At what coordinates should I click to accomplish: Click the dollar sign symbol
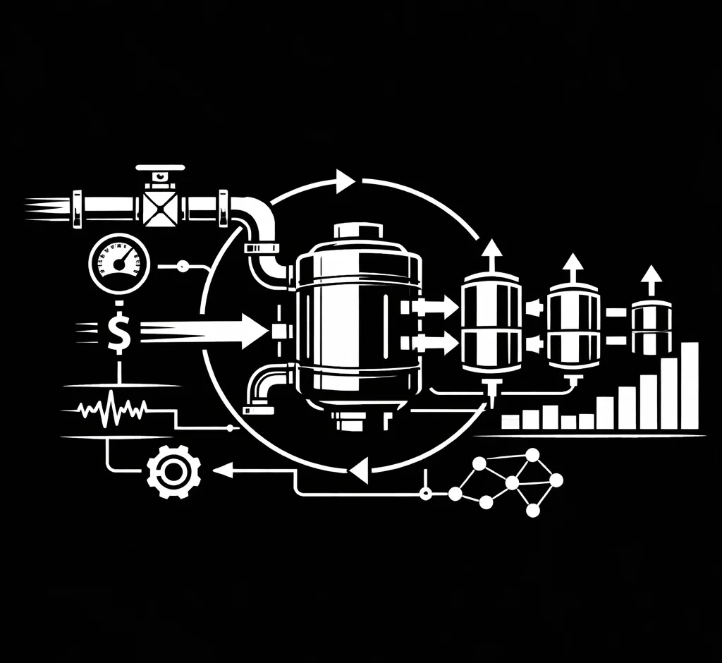click(x=119, y=331)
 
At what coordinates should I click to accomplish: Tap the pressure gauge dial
click(x=119, y=264)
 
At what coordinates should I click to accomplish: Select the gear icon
click(x=173, y=470)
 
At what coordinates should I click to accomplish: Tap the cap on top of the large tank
click(x=358, y=231)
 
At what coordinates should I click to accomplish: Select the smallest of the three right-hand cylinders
click(x=651, y=327)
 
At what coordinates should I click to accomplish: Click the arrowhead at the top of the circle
click(x=345, y=181)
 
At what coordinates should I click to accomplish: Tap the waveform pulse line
click(x=113, y=410)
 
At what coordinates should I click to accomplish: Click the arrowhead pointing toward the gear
click(x=224, y=469)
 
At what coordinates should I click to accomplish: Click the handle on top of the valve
click(x=160, y=169)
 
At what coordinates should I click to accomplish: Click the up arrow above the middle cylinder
click(x=573, y=267)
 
